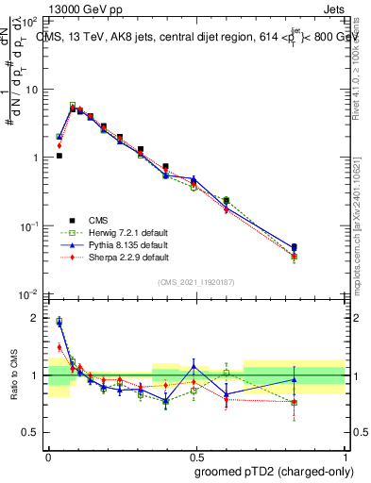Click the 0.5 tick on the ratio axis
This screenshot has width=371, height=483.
(31, 432)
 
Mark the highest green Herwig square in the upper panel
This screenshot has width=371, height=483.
(73, 106)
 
